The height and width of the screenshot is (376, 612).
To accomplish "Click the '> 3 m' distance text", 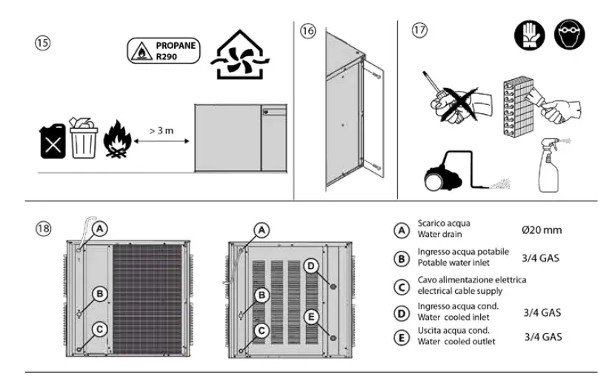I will point(162,130).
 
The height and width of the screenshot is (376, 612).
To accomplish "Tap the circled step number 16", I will point(309,31).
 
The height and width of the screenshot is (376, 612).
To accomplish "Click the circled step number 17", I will point(420,31).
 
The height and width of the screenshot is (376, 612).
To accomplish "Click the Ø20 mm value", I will point(541,230).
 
